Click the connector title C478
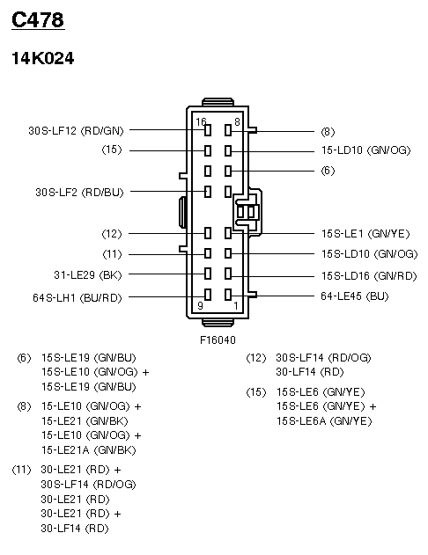coord(38,20)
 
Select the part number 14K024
coord(43,58)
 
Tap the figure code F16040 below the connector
coord(218,340)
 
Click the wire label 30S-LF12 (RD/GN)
coord(76,131)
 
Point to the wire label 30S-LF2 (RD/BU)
coord(80,193)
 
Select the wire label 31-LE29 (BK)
coord(88,275)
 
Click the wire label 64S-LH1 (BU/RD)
coord(77,297)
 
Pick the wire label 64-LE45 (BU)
coord(355,296)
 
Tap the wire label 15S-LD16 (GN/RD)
coord(369,275)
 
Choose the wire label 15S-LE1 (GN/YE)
coord(365,234)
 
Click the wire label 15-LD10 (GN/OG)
coord(366,150)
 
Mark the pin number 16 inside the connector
coord(201,121)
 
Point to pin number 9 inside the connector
coord(200,305)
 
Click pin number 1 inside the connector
coord(236,305)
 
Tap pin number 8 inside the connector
coord(237,121)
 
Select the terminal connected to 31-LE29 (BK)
coord(208,274)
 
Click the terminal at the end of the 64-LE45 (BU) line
coord(228,295)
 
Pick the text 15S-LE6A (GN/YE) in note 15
coord(324,421)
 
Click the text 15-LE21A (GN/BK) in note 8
coord(89,450)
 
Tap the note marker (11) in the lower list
coord(22,470)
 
